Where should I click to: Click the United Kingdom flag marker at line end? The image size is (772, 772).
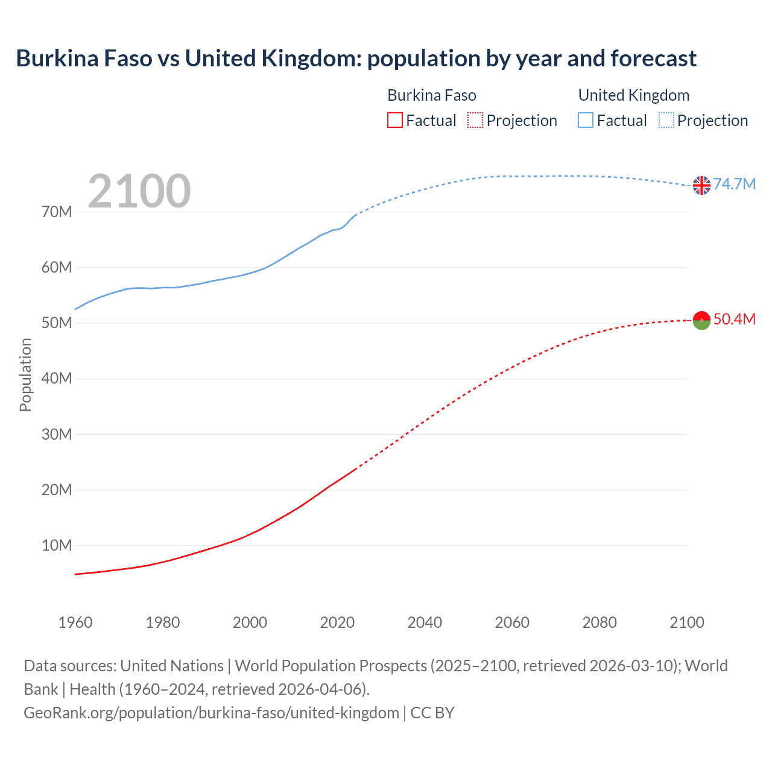tap(701, 185)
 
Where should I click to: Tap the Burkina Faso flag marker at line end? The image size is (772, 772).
tap(701, 320)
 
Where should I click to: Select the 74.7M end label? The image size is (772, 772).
tap(734, 184)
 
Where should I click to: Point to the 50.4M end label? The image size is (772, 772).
tap(734, 319)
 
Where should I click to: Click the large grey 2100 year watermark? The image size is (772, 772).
tap(139, 191)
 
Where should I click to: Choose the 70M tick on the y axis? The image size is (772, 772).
tap(57, 212)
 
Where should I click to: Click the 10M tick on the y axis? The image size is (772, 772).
tap(57, 545)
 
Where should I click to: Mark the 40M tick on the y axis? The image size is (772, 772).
tap(57, 379)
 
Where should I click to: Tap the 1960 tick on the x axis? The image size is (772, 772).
tap(75, 622)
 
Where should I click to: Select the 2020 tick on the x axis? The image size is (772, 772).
tap(337, 622)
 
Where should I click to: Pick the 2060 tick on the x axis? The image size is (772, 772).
tap(512, 622)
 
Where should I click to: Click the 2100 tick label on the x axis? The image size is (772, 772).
tap(686, 622)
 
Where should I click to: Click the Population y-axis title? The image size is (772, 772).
tap(25, 375)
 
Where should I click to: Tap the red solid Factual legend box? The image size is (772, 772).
tap(395, 121)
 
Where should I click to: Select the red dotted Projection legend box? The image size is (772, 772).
tap(475, 121)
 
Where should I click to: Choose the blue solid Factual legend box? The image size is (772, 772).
tap(586, 121)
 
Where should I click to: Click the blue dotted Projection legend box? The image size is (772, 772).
tap(666, 121)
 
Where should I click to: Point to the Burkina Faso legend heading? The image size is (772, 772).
tap(432, 95)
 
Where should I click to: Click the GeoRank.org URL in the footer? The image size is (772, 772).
tap(211, 713)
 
